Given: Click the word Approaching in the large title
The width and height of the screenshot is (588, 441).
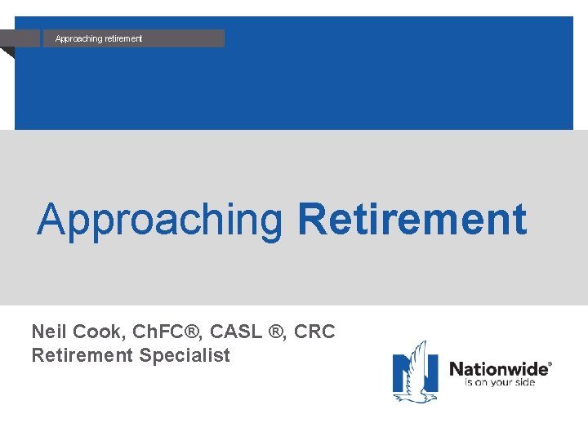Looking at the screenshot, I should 159,220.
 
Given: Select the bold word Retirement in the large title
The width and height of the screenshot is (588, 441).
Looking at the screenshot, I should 412,220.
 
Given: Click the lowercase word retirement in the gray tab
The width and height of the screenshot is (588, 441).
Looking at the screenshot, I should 122,38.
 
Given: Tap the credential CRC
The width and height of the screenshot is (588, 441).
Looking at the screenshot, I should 316,332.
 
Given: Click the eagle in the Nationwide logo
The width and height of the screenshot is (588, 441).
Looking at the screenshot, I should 416,372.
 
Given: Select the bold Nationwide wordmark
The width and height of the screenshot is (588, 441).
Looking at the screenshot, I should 498,369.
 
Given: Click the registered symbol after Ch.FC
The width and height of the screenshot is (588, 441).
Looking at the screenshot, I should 191,332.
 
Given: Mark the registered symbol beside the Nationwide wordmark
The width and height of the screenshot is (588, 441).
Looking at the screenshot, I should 550,363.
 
